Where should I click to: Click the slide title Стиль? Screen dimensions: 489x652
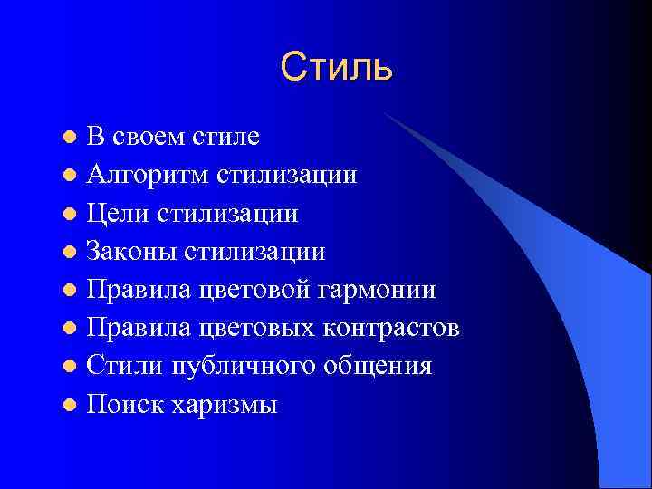pyautogui.click(x=336, y=68)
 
